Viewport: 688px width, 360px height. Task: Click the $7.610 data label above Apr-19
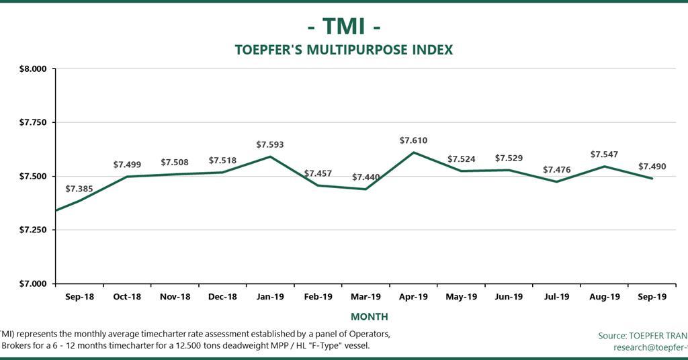[413, 140]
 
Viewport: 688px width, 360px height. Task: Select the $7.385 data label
[79, 189]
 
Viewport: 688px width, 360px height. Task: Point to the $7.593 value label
[270, 144]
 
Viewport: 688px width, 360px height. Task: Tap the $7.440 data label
[365, 177]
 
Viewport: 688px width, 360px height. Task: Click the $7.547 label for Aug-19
[604, 154]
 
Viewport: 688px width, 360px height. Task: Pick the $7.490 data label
[652, 166]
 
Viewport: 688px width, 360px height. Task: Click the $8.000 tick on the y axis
[32, 69]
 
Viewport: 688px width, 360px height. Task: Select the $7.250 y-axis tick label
[32, 230]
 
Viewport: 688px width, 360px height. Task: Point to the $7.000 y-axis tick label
[32, 283]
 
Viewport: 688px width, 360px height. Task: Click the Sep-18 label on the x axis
[79, 296]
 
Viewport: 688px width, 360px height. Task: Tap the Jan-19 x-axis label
[270, 296]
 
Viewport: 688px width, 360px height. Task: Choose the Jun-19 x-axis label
[509, 296]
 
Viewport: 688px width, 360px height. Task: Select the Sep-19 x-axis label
[652, 296]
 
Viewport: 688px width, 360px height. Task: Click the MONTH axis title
[369, 316]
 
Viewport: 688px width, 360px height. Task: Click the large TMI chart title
[344, 26]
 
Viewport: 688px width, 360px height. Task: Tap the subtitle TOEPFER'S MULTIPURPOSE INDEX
[344, 50]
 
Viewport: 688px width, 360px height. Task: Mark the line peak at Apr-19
[413, 152]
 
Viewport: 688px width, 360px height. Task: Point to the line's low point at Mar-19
[365, 189]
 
